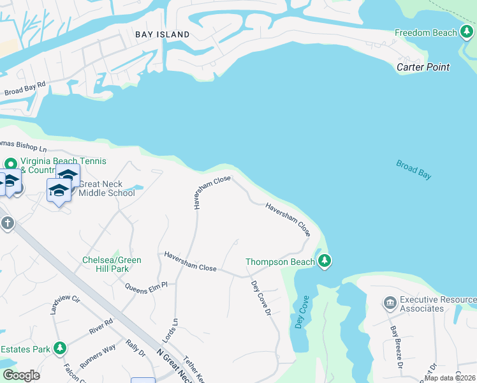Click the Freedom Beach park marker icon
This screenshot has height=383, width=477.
467,33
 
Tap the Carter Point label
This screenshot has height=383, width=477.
423,67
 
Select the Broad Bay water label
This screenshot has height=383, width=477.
413,169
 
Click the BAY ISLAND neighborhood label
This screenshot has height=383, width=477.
162,34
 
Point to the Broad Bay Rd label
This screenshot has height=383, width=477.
26,89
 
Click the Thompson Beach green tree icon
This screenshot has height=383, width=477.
325,261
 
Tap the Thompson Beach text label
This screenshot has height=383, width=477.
280,262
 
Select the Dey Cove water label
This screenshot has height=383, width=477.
301,312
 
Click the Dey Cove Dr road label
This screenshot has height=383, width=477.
261,298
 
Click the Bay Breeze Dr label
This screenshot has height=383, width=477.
396,347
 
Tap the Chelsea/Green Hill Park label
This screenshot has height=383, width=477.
112,264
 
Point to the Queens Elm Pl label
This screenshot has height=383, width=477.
145,286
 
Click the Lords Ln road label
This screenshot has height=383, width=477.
174,325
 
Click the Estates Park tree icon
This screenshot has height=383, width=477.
59,349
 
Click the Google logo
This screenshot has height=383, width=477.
21,375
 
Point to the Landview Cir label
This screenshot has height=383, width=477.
66,304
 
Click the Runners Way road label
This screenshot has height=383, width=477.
98,356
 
